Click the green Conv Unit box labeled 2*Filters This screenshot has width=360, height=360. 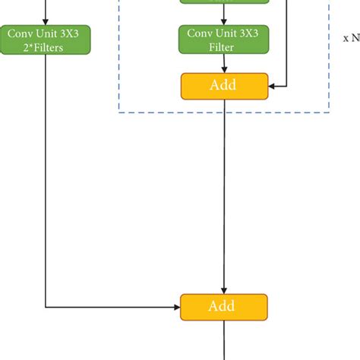[46, 39]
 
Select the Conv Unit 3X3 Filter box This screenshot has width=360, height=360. [223, 39]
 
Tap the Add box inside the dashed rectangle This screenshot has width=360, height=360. [223, 86]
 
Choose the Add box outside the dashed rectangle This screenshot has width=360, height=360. [223, 307]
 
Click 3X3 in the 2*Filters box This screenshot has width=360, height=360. [73, 33]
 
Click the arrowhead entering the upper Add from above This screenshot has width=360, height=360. [223, 69]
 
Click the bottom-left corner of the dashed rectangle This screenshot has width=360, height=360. [119, 113]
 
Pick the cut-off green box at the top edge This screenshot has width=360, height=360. [223, 2]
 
